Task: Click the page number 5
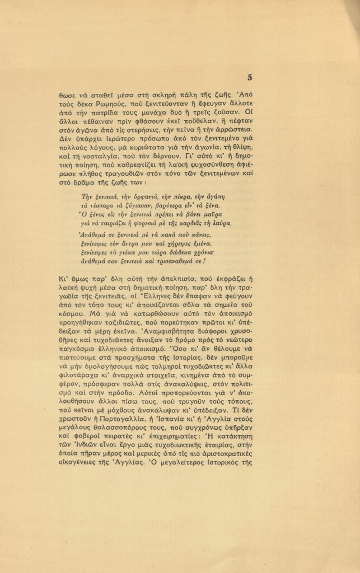click(249, 78)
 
